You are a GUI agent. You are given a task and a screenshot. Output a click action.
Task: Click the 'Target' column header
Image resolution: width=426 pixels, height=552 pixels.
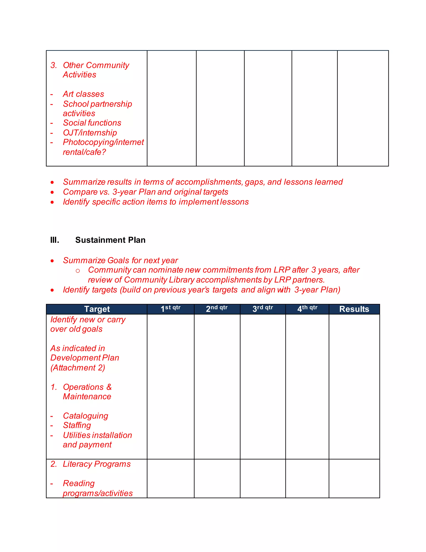[x=97, y=309]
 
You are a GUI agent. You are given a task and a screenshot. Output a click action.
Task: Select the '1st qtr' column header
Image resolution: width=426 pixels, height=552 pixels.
[x=171, y=309]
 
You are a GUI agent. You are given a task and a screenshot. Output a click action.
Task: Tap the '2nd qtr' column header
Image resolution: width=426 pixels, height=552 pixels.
[x=217, y=309]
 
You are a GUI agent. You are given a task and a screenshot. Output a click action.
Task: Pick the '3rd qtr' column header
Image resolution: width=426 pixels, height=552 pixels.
[x=263, y=309]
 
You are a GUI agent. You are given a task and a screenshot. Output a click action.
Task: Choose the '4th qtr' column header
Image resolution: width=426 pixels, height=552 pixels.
[x=307, y=309]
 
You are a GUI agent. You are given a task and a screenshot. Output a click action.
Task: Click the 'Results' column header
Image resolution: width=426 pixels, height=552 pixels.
[x=354, y=309]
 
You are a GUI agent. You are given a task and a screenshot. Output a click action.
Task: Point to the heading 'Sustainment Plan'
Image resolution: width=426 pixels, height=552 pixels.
[x=110, y=240]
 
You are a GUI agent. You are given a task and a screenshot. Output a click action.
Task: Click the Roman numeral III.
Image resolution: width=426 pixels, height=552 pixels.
[x=54, y=240]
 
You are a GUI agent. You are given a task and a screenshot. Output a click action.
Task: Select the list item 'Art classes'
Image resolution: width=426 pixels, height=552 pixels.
[x=83, y=94]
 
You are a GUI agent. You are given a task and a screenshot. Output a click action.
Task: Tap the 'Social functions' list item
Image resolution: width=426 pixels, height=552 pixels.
[x=92, y=123]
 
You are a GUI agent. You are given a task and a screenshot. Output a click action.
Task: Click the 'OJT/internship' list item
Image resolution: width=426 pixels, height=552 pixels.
[x=90, y=133]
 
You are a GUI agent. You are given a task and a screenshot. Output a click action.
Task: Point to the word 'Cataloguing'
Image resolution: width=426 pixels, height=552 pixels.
[x=85, y=416]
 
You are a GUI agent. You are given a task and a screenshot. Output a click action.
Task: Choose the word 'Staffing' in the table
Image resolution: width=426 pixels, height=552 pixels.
[x=77, y=425]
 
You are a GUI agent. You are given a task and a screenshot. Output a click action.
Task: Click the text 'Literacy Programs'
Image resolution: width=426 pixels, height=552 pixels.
[x=97, y=464]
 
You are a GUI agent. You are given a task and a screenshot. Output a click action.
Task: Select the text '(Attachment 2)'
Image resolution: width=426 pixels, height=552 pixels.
[x=78, y=368]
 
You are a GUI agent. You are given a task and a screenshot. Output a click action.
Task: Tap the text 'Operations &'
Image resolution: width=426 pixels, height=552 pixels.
[x=87, y=387]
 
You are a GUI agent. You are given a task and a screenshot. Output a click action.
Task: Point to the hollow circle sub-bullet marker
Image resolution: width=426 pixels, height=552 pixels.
[x=78, y=271]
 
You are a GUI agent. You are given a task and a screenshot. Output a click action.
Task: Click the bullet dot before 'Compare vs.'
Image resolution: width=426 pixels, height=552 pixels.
[x=52, y=192]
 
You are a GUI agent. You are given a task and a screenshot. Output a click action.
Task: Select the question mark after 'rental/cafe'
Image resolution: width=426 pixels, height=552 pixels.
[x=104, y=152]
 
